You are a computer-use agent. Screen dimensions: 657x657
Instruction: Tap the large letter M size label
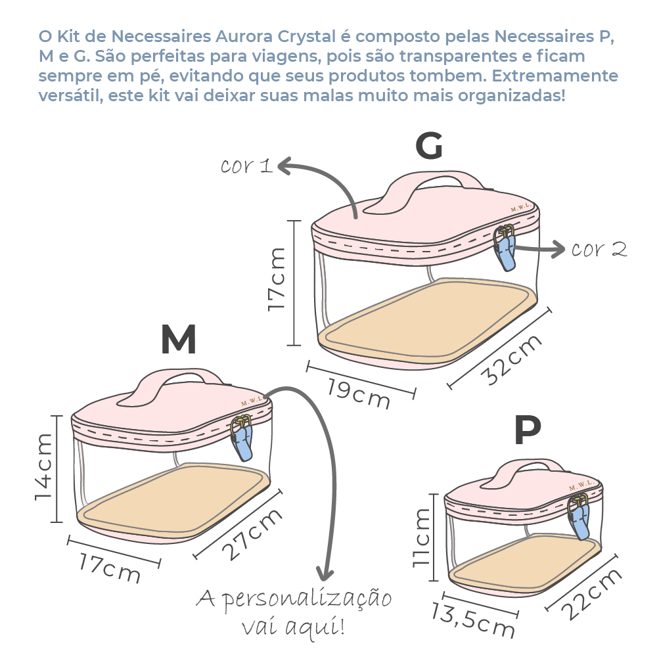tap(178, 340)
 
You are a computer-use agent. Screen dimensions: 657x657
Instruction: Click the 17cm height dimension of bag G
tap(277, 279)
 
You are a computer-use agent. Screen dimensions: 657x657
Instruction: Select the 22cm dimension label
tap(592, 593)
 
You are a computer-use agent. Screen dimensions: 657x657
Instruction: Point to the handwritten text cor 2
tap(599, 250)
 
